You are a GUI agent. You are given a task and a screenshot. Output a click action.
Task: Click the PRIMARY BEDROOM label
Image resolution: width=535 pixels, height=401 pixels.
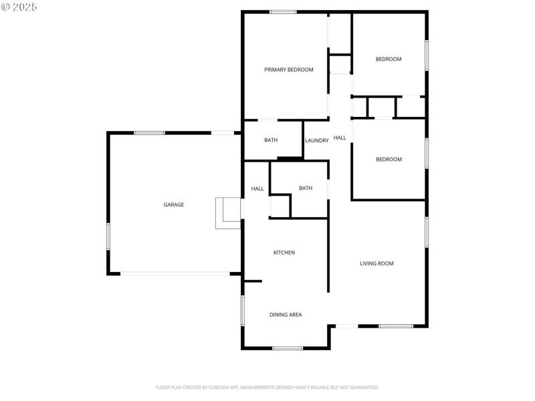[288, 70]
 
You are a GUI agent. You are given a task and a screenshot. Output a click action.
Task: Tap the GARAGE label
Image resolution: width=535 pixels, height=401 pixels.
[174, 205]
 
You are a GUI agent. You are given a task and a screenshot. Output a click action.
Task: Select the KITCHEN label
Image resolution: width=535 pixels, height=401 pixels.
[284, 253]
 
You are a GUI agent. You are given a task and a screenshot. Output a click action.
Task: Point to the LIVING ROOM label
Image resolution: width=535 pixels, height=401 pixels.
[377, 263]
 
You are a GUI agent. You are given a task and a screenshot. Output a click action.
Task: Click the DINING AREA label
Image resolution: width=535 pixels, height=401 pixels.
[286, 314]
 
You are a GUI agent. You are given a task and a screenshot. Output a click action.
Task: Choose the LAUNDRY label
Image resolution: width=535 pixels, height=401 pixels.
[317, 140]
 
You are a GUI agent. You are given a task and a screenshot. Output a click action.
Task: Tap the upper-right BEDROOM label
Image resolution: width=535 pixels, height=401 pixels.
[389, 59]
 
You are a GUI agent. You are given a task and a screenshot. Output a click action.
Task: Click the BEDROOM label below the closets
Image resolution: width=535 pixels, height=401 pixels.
[389, 159]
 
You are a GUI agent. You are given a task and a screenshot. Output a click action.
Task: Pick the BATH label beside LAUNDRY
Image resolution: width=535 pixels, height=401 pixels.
[271, 140]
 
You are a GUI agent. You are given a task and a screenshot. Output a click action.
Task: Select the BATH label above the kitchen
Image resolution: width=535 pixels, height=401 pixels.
[306, 188]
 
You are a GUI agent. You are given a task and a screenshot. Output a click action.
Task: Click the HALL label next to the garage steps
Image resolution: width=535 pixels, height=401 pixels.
[257, 188]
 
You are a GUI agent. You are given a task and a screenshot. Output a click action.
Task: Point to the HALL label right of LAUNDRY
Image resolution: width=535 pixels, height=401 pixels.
[340, 138]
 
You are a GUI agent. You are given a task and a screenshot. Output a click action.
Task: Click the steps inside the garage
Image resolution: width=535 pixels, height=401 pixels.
[228, 213]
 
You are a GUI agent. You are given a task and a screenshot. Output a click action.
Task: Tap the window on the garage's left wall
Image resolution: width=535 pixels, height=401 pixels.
[108, 237]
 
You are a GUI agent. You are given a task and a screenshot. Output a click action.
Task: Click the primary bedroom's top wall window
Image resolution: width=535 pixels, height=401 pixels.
[284, 11]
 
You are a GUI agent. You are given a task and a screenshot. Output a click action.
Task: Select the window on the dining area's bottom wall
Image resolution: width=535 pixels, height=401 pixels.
[288, 348]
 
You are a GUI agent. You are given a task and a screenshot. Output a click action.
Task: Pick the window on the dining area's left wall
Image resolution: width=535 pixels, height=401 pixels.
[243, 309]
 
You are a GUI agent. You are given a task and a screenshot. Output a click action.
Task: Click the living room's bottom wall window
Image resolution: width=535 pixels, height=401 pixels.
[396, 326]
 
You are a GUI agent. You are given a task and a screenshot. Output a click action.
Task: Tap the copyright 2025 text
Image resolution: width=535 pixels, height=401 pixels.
[19, 7]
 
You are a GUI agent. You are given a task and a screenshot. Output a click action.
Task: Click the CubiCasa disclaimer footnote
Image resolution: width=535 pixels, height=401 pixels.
[267, 387]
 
